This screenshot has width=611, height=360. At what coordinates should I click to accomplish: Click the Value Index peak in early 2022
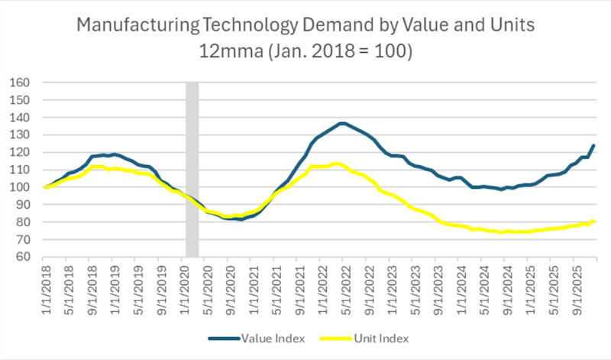coord(342,123)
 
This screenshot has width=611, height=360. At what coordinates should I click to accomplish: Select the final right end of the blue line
coord(594,145)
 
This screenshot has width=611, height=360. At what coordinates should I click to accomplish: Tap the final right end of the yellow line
coord(594,222)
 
